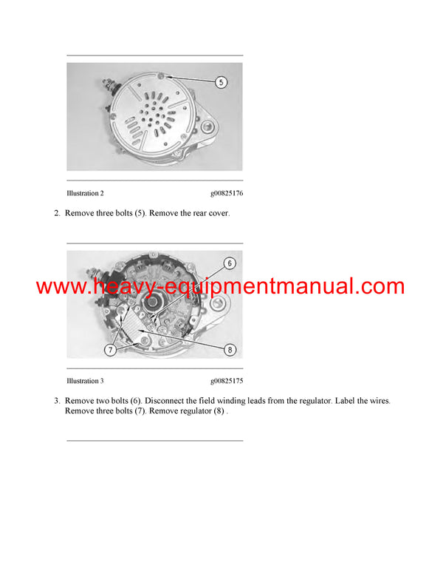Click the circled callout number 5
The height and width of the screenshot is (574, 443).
pyautogui.click(x=220, y=82)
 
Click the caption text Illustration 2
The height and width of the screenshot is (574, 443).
pyautogui.click(x=85, y=193)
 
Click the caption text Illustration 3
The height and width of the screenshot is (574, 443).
pyautogui.click(x=85, y=381)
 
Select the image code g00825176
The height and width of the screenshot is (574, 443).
pyautogui.click(x=226, y=193)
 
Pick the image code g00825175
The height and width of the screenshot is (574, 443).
pyautogui.click(x=226, y=381)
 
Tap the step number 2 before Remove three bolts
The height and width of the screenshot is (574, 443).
pyautogui.click(x=56, y=214)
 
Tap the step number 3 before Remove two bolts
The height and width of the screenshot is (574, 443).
pyautogui.click(x=56, y=401)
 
